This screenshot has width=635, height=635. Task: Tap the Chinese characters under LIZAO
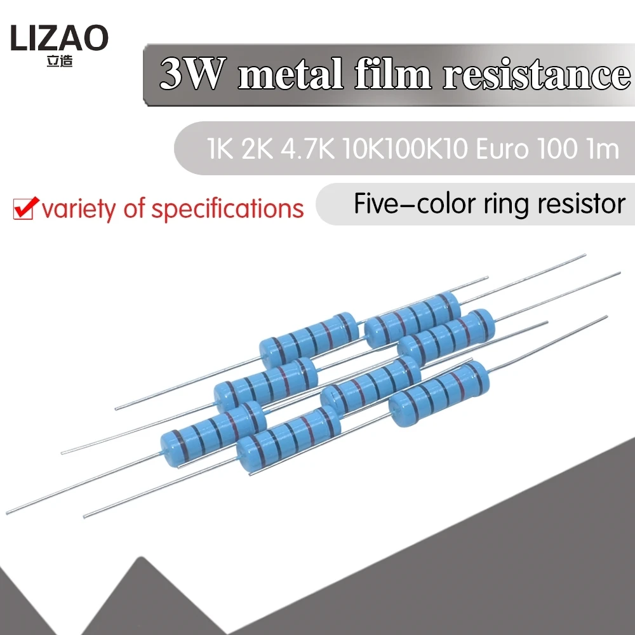click(59, 63)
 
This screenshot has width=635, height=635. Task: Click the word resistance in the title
click(535, 76)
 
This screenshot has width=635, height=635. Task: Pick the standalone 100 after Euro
click(557, 150)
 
